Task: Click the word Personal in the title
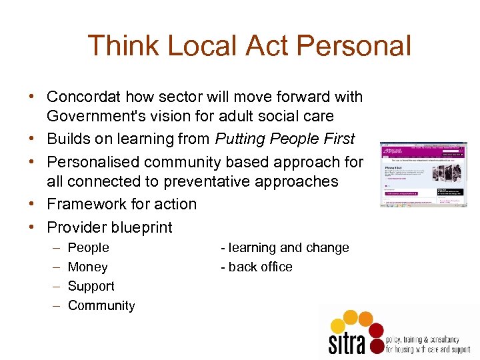[354, 47]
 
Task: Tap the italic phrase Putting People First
[285, 139]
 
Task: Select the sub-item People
[89, 247]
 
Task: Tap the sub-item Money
[87, 267]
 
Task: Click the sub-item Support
[91, 286]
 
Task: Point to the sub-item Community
[101, 305]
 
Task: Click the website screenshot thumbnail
[423, 173]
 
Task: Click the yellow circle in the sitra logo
[338, 326]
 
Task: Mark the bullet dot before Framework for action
[33, 204]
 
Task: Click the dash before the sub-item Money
[54, 267]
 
